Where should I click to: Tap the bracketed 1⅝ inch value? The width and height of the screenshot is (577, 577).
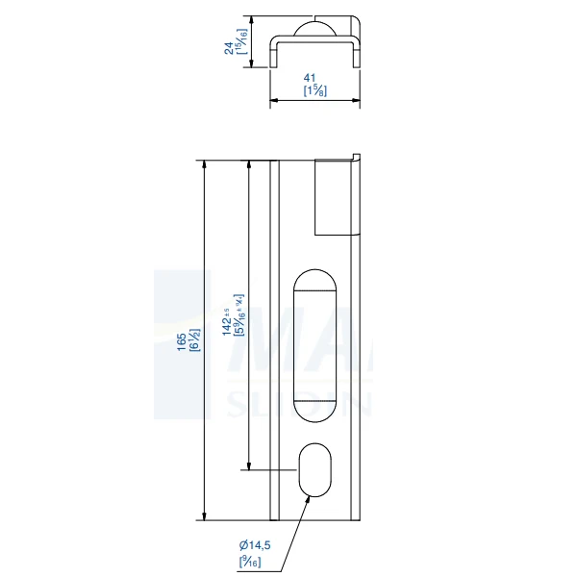313,90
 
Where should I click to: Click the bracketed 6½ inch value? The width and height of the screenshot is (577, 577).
193,341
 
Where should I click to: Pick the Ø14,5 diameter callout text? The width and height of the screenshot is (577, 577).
254,545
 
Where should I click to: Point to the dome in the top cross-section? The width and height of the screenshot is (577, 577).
314,28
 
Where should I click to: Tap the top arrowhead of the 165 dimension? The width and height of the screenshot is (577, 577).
205,164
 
